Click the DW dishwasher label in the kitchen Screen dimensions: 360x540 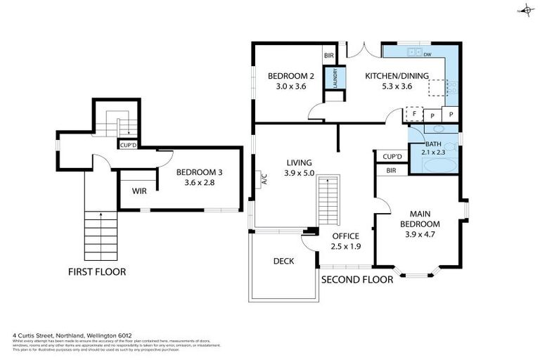[427, 54]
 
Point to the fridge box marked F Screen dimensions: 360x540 [415, 114]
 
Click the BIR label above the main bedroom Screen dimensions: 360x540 [392, 170]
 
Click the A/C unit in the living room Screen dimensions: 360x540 [264, 180]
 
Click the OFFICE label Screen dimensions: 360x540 [345, 236]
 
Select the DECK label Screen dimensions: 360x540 [283, 261]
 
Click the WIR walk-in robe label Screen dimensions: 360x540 [139, 190]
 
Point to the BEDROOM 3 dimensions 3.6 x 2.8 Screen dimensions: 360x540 [198, 182]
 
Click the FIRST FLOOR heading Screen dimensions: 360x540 [97, 271]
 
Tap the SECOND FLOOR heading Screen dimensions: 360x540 [356, 279]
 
